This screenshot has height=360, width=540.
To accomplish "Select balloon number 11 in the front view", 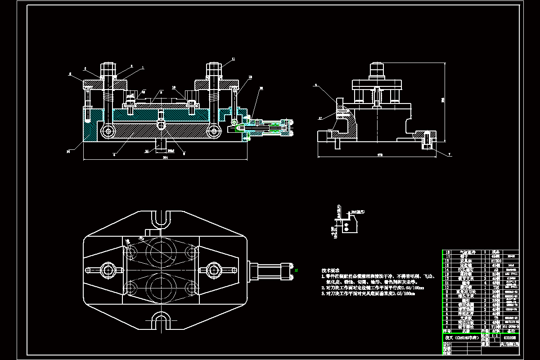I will pos(234,59).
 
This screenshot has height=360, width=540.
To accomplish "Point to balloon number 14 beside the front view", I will pos(68,152).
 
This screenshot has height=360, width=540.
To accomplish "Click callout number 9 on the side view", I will pos(316,85).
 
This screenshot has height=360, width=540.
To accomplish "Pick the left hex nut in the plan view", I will pos(108,270).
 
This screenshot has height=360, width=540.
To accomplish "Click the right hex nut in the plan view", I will pos(213,270).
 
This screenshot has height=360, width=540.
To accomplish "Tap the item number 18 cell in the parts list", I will pos(447,252).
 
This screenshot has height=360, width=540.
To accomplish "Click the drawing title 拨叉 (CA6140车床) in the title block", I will pos(461,337).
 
